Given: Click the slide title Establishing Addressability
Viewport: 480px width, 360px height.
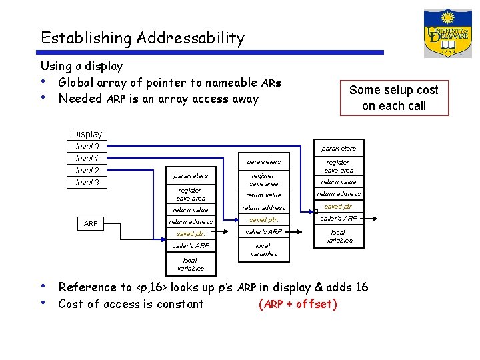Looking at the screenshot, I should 142,38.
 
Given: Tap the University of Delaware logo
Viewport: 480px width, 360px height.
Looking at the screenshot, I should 447,33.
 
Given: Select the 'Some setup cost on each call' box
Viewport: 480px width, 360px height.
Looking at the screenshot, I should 393,98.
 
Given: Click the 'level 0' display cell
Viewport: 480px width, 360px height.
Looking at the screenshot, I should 87,147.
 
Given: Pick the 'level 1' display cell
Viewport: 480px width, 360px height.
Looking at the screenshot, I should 87,159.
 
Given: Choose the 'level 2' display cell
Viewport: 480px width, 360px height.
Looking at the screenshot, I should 87,171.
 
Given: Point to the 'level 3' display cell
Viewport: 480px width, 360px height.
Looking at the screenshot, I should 87,183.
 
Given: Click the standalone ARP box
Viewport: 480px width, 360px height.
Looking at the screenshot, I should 91,223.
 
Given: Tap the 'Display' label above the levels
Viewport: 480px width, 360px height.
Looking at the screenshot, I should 87,134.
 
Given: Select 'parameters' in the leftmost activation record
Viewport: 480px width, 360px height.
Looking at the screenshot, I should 191,176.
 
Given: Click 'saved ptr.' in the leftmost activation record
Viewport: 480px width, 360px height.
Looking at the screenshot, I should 191,234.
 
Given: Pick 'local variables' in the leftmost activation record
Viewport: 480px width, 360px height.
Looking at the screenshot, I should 191,264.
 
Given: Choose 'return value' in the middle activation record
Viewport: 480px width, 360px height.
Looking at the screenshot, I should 263,195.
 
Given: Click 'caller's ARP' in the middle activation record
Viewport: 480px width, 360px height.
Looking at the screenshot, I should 263,231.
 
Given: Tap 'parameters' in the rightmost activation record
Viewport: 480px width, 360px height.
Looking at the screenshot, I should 339,148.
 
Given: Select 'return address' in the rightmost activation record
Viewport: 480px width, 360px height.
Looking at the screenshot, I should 339,194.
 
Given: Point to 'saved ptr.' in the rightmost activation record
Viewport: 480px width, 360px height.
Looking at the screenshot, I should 339,207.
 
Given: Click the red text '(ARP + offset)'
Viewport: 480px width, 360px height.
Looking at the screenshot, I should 297,305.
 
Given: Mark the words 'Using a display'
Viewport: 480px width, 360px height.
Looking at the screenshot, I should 81,66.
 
